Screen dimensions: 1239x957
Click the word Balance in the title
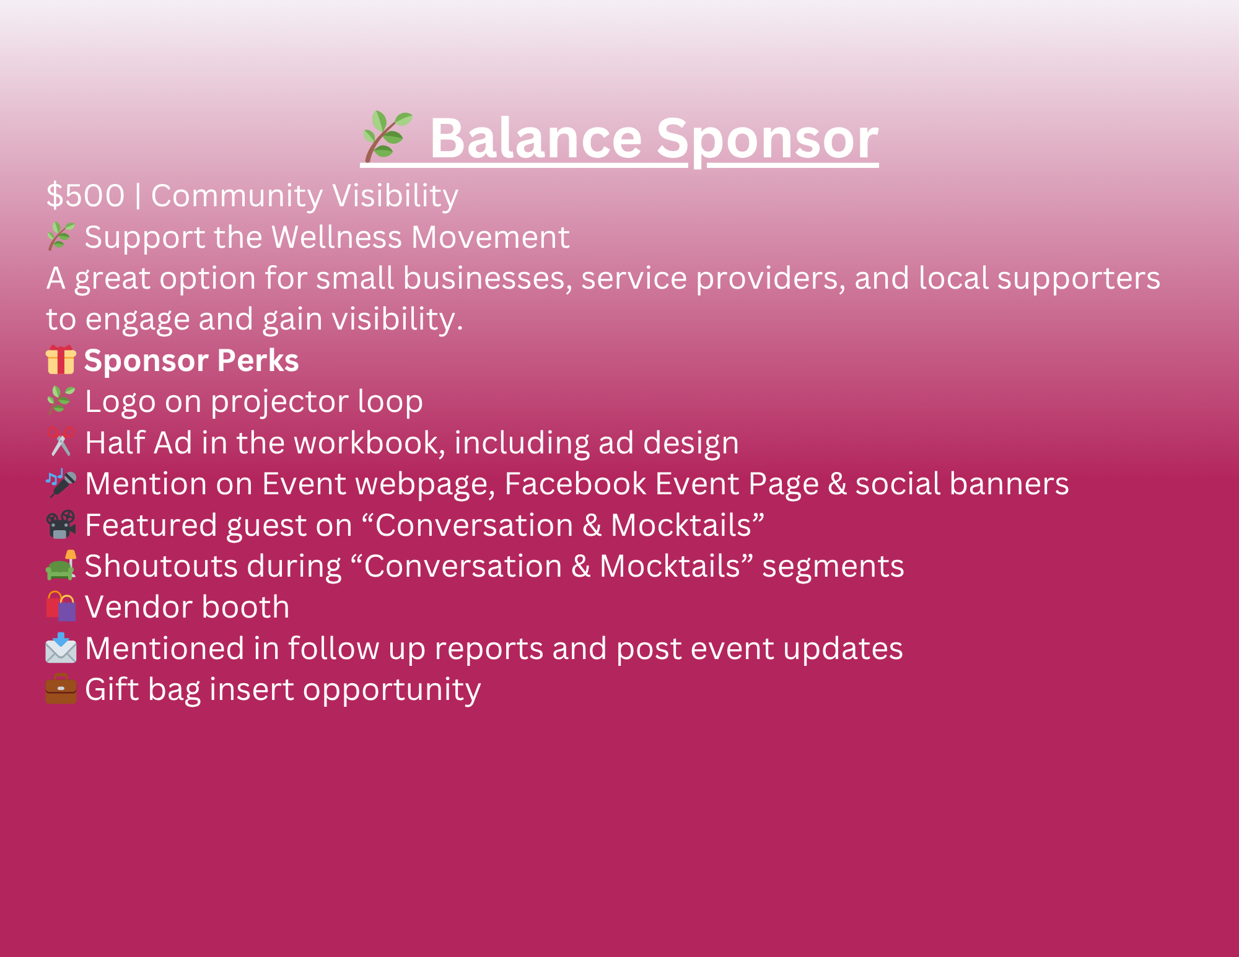(x=536, y=138)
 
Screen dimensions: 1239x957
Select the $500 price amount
(x=85, y=196)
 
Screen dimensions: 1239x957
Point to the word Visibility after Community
(x=395, y=196)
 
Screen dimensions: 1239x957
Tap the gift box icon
(x=61, y=360)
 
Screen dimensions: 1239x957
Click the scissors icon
(x=61, y=442)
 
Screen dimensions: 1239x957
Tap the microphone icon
(x=61, y=483)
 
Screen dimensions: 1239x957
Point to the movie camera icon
(x=61, y=525)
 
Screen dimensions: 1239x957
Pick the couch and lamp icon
(x=61, y=565)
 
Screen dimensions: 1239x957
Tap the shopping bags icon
(x=61, y=606)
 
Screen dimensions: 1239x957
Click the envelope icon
(x=61, y=648)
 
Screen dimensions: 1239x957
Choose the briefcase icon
(x=61, y=689)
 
